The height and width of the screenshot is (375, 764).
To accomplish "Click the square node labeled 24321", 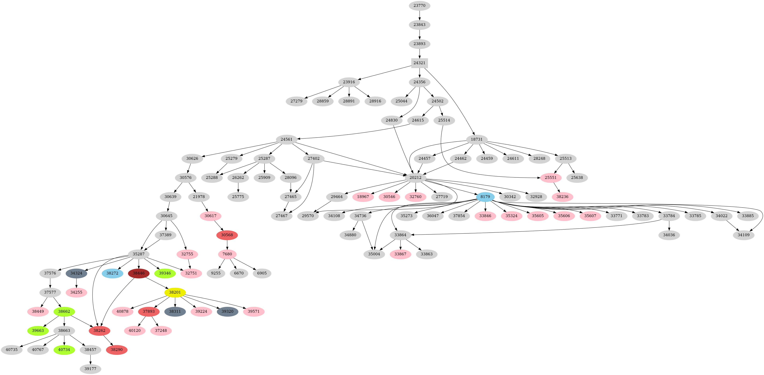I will (419, 63).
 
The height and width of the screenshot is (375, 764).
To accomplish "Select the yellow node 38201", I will (175, 293).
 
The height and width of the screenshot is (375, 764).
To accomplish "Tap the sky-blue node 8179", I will (485, 197).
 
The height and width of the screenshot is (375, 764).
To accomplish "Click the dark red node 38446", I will (138, 273).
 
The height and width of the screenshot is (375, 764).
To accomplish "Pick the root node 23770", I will (419, 6).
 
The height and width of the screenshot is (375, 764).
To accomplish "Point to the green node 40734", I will (64, 350).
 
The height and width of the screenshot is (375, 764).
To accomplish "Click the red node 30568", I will (227, 235).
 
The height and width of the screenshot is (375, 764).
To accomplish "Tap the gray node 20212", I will (415, 178).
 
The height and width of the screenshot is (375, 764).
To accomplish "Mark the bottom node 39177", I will (91, 369).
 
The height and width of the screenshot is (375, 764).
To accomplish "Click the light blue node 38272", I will (112, 273).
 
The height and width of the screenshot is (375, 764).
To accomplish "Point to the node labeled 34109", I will (743, 235).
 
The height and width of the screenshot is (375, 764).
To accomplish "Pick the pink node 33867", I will (400, 254).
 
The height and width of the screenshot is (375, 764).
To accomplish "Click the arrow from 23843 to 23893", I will (419, 34).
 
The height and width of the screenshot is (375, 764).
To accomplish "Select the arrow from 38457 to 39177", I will (91, 359).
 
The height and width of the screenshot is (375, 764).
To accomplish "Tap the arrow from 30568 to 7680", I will (227, 245).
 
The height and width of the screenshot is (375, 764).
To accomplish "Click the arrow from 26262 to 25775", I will (238, 187).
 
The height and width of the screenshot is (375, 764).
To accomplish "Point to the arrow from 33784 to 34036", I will (669, 225).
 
